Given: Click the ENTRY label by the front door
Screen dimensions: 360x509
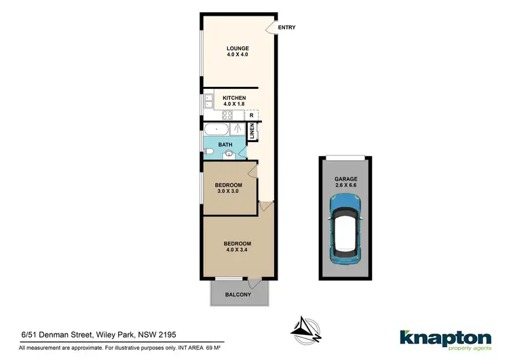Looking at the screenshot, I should [286, 28].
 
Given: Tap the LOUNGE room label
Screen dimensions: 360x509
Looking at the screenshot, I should [238, 48].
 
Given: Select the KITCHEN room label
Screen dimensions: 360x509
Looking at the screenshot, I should [234, 98].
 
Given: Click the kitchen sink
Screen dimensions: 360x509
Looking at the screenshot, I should [208, 103].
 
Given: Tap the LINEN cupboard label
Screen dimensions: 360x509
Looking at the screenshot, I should [252, 131].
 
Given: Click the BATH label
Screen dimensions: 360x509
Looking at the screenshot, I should [225, 144].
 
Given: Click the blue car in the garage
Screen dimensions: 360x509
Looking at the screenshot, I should [345, 229].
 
